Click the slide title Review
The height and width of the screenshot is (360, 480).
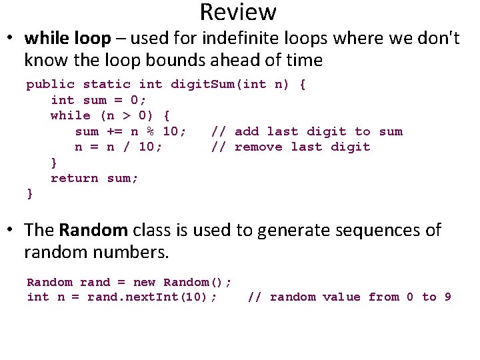(237, 12)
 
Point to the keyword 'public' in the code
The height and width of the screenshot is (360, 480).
(50, 85)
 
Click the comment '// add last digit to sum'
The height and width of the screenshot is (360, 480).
(307, 131)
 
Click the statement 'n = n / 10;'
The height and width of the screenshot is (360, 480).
(118, 147)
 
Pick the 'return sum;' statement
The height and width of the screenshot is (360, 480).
(95, 178)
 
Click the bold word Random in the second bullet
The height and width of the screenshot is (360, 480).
(93, 231)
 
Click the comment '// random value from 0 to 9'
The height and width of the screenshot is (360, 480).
(349, 297)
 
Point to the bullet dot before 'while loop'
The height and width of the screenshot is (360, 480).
(13, 39)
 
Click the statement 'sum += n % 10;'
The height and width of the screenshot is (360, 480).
(131, 131)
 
